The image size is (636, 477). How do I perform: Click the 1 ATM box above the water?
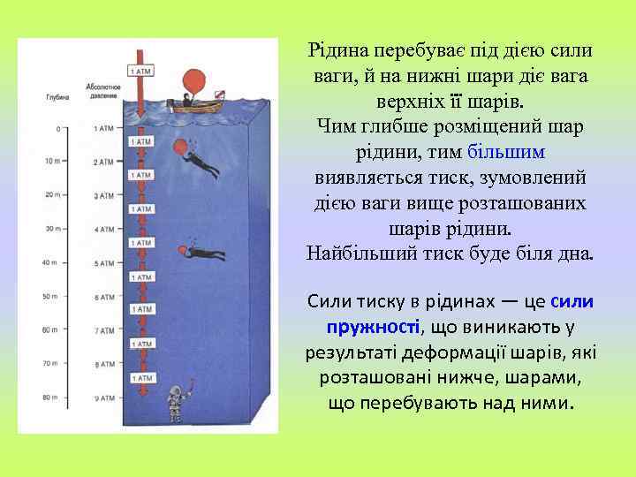(140, 70)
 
